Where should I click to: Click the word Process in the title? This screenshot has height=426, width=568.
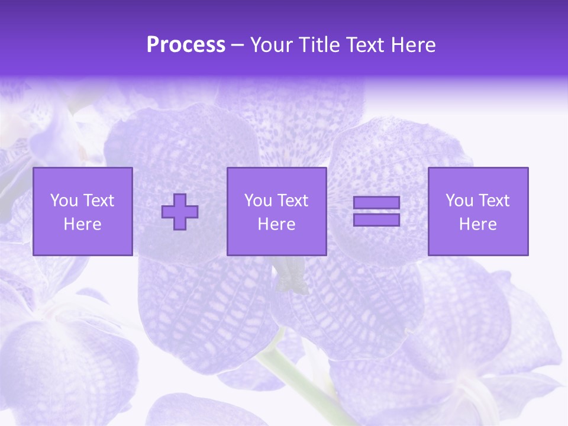click(x=186, y=45)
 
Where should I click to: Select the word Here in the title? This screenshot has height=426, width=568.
click(x=413, y=45)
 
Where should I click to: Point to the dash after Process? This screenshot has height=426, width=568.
click(x=238, y=46)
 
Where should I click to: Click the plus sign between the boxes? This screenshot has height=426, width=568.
click(x=180, y=212)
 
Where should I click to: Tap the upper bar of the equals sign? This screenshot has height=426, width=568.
click(x=376, y=202)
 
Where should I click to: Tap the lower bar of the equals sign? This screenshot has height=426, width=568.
click(x=376, y=220)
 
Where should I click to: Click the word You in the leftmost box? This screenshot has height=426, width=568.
click(x=63, y=201)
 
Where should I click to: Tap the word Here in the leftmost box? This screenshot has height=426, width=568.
click(x=83, y=224)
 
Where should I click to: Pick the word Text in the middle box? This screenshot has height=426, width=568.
click(x=292, y=201)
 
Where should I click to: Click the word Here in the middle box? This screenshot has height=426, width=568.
click(x=277, y=224)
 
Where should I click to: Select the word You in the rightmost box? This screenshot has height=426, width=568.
click(x=459, y=201)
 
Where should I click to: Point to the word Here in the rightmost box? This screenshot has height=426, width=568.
click(x=478, y=224)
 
